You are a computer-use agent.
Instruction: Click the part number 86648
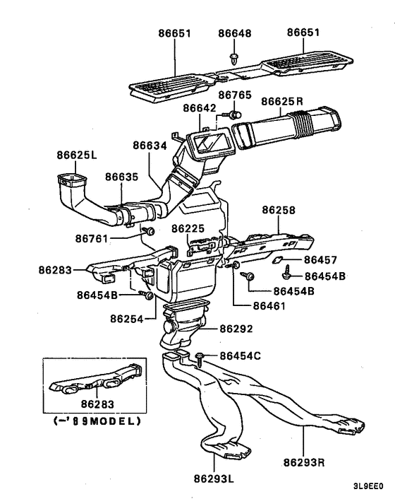click(x=235, y=33)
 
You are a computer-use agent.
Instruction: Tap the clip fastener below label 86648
click(x=234, y=59)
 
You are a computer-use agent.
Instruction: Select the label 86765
click(x=235, y=95)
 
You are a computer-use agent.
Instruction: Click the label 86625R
click(x=282, y=101)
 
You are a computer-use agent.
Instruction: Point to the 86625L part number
click(x=77, y=155)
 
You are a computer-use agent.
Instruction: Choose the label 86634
click(x=150, y=146)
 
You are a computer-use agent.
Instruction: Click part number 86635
click(x=122, y=177)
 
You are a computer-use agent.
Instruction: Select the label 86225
click(x=188, y=228)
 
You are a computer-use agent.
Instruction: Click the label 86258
click(x=279, y=210)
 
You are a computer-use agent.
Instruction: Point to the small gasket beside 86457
click(x=277, y=260)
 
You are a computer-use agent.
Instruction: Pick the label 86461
click(x=269, y=306)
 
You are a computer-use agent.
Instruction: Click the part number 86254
click(x=127, y=319)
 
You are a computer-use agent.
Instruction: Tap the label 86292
click(x=236, y=329)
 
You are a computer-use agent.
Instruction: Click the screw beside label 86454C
click(x=200, y=359)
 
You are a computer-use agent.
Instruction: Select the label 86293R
click(x=304, y=462)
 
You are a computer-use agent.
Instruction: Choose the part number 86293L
click(x=214, y=479)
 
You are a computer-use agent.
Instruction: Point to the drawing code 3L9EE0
click(x=368, y=486)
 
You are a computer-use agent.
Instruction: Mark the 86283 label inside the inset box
click(x=97, y=404)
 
